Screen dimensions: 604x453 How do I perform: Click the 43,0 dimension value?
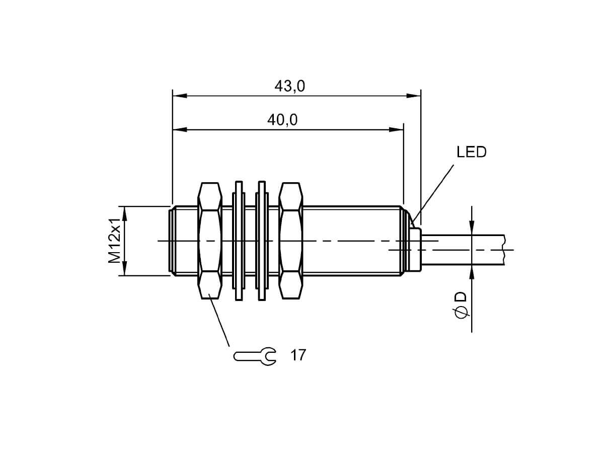click(289, 87)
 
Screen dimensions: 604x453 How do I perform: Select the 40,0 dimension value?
click(282, 120)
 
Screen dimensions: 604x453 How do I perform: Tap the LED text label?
click(471, 152)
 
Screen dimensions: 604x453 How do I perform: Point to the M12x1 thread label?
click(114, 241)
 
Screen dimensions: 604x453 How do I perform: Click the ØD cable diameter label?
click(461, 305)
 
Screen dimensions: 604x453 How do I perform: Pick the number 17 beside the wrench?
click(298, 355)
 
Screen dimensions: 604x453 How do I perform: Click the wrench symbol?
click(255, 356)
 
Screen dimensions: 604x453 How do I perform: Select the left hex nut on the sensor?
click(210, 241)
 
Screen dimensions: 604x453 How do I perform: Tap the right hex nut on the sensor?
click(290, 241)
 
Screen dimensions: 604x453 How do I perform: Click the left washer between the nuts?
click(239, 241)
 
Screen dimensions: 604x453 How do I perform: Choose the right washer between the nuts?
click(262, 241)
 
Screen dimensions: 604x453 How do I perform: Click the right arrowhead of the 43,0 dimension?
click(414, 96)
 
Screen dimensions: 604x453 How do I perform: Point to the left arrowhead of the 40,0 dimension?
click(180, 129)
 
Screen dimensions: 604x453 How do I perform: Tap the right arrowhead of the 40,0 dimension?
click(396, 129)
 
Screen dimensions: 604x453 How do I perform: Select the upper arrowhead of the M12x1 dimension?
click(125, 213)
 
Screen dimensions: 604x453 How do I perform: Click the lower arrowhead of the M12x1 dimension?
click(125, 268)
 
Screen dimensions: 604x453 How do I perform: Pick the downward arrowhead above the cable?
click(472, 228)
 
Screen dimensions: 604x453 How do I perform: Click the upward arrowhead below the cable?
click(472, 273)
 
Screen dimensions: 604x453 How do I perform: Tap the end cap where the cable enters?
click(415, 249)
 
